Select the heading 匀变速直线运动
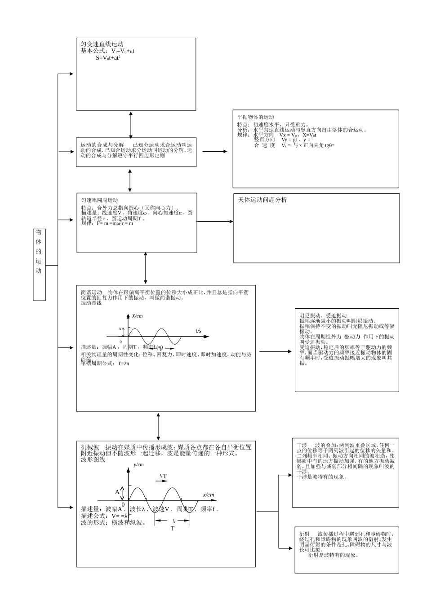tap(102, 44)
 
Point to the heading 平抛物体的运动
tap(255, 117)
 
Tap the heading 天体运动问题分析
tap(262, 200)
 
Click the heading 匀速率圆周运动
tap(99, 200)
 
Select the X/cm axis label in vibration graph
tap(138, 316)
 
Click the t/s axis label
tap(198, 331)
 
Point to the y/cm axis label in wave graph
tap(139, 465)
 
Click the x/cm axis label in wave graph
tap(208, 495)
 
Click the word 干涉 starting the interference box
tap(302, 444)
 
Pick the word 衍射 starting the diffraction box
tap(304, 534)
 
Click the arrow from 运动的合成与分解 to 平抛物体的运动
tap(214, 152)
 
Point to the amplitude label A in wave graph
tap(117, 492)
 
